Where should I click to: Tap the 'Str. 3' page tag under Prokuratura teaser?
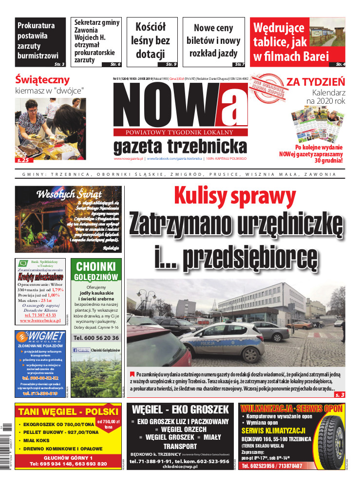coord(59,64)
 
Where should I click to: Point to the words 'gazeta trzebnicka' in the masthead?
coord(180,147)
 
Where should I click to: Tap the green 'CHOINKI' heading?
coord(95,267)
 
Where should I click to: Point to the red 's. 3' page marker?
coord(340,394)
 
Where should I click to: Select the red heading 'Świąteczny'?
coord(42,80)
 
